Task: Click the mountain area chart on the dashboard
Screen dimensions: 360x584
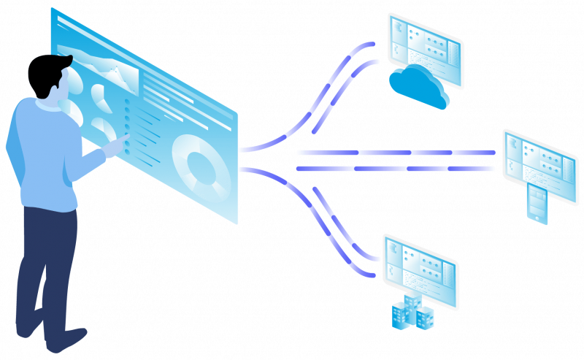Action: [x=109, y=69]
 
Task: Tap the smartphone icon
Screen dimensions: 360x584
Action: [x=537, y=204]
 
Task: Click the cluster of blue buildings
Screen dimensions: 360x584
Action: [x=413, y=312]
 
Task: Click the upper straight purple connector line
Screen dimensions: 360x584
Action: [x=394, y=153]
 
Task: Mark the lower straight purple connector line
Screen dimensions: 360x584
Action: [x=394, y=169]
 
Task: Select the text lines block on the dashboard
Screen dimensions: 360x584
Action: [x=175, y=99]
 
